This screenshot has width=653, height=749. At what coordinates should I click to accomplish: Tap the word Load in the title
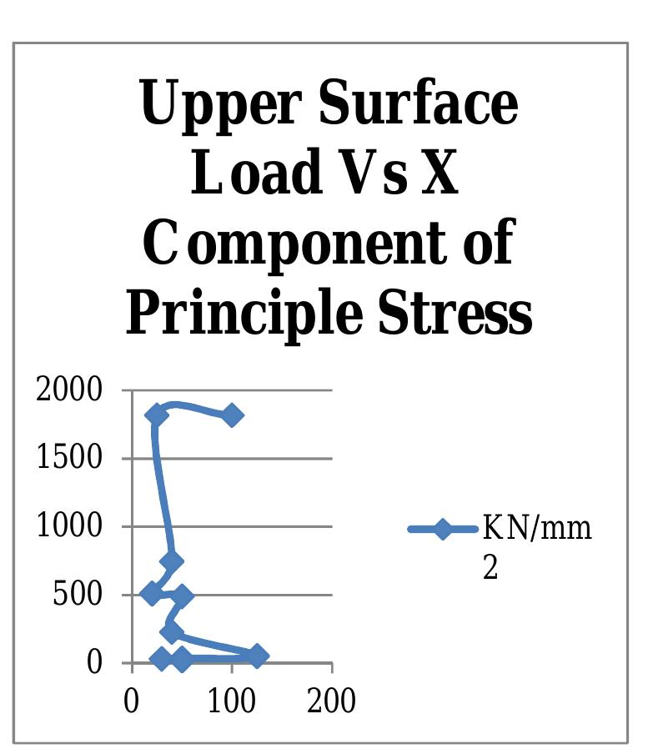point(254,173)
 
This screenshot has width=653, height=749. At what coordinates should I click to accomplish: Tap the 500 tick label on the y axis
point(77,595)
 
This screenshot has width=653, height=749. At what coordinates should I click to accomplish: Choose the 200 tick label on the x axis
point(331,701)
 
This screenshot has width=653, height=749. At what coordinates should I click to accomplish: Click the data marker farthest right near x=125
point(257,656)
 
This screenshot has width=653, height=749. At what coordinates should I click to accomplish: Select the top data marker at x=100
point(232,415)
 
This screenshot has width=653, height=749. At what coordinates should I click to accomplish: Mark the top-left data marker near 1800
point(156,415)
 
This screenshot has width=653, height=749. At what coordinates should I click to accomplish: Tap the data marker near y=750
point(172,561)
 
